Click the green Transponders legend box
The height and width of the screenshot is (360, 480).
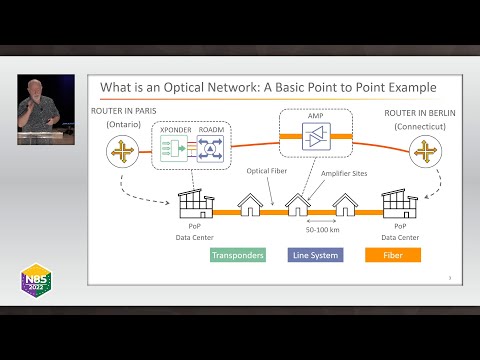point(237,255)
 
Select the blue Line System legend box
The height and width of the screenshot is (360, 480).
point(315,255)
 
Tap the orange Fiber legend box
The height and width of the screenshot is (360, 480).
point(392,255)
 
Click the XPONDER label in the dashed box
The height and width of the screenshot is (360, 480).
point(176,130)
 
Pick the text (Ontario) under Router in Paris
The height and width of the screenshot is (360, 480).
point(122,123)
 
